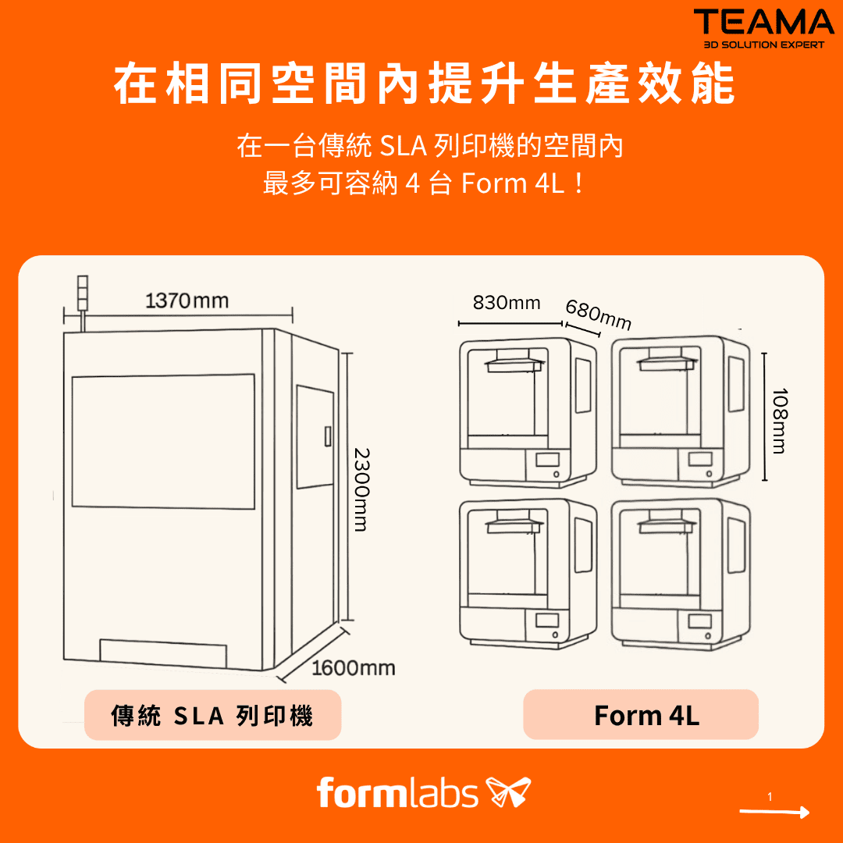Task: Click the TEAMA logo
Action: [x=763, y=29]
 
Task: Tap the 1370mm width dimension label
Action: [x=187, y=301]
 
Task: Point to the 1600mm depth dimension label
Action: [x=354, y=667]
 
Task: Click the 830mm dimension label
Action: [x=507, y=303]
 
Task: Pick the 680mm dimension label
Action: [x=599, y=315]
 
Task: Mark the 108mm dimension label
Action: [x=780, y=421]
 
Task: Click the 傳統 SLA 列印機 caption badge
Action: [x=213, y=715]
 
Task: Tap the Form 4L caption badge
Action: [x=641, y=714]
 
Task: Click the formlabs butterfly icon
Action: [x=508, y=792]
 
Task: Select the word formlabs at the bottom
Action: [x=397, y=792]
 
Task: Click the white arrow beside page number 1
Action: [x=774, y=812]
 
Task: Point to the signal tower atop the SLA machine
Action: [x=82, y=293]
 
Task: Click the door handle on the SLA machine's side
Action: [x=327, y=436]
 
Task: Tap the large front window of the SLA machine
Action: [x=163, y=441]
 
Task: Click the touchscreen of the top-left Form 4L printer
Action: [x=547, y=460]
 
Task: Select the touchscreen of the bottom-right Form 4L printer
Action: [x=699, y=621]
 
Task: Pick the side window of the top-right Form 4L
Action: [x=736, y=384]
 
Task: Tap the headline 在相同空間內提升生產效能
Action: [x=424, y=84]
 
